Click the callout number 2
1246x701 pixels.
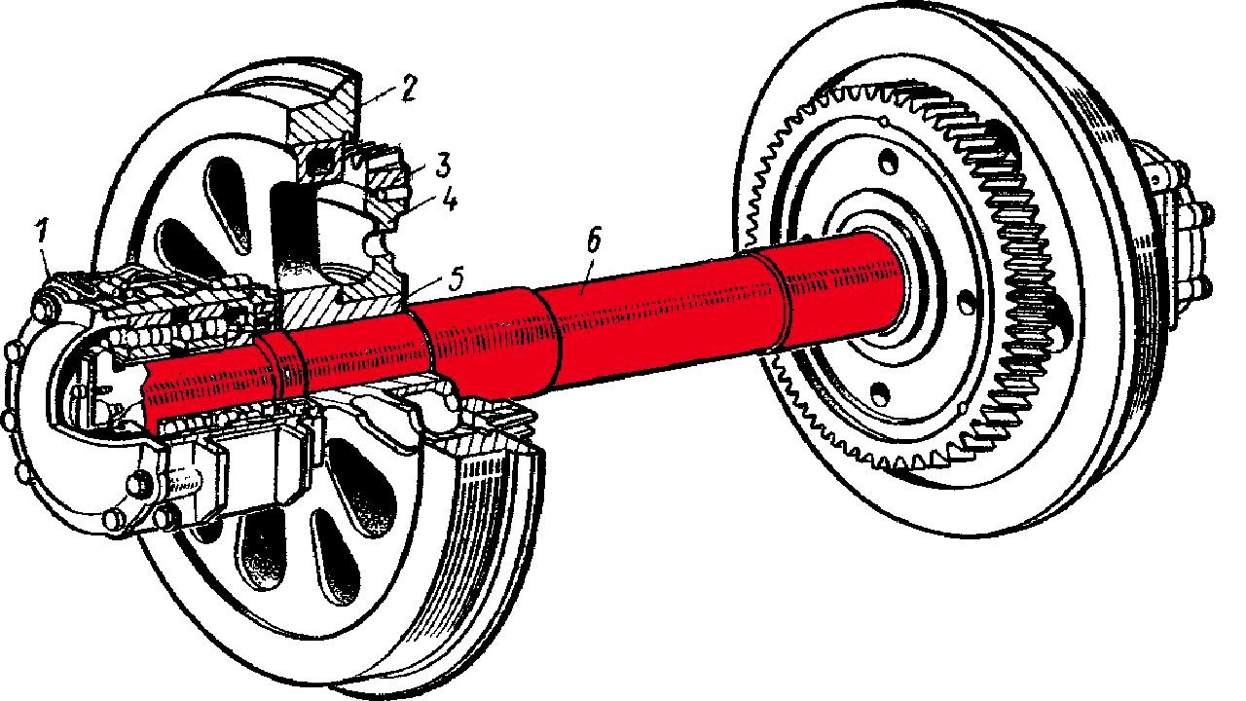pos(408,92)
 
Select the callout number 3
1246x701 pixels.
pos(416,161)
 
